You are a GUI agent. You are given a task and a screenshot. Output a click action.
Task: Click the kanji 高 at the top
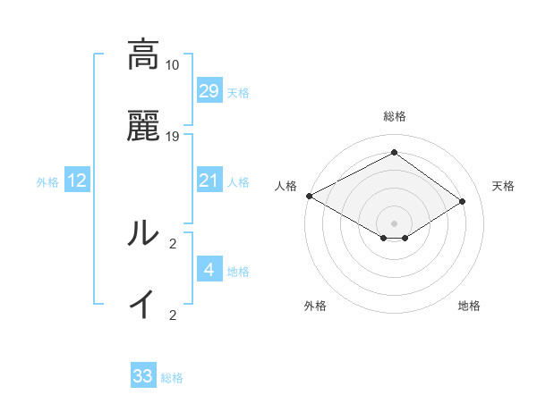(x=142, y=55)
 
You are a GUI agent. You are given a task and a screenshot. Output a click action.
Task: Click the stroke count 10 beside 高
(x=173, y=65)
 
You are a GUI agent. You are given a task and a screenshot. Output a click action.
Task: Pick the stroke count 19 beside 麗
(x=173, y=137)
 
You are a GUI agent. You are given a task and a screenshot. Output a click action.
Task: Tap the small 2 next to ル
(x=173, y=243)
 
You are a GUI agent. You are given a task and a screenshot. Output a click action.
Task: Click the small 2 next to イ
(x=173, y=315)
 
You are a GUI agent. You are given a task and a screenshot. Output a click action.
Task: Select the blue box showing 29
(x=209, y=91)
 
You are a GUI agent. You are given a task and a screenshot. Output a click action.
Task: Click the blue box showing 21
(x=209, y=181)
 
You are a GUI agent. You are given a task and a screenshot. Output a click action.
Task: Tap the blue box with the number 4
(x=209, y=270)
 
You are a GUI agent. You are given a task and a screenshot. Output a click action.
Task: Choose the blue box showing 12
(x=77, y=181)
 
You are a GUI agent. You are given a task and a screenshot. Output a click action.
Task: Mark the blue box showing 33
(x=143, y=376)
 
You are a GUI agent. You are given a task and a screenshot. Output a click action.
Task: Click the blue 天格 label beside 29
(x=238, y=93)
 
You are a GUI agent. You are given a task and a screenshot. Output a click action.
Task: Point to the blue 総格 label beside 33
(x=173, y=378)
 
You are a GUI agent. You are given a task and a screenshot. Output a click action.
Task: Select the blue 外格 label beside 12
(x=47, y=182)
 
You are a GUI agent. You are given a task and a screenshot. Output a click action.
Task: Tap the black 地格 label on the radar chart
(x=469, y=306)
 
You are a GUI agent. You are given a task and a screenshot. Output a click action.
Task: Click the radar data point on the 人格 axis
(x=309, y=196)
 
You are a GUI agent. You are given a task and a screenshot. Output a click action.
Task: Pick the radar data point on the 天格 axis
(x=463, y=202)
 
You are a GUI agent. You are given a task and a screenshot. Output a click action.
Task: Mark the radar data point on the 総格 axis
(x=394, y=152)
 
